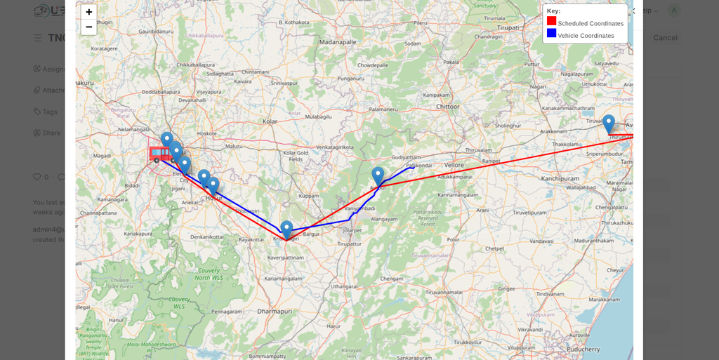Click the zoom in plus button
coord(88,12)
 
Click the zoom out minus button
coord(88,27)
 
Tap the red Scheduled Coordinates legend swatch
coord(551,21)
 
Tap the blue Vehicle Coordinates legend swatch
coord(551,33)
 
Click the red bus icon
coord(159,154)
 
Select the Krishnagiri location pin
coord(286,229)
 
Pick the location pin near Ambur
coord(378,175)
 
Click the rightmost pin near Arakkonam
coord(609,124)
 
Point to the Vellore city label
coord(454,165)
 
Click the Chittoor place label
coord(447,107)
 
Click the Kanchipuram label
coord(560,179)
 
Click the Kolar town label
coord(270,121)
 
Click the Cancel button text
coord(665,37)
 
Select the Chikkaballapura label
coord(195,65)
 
